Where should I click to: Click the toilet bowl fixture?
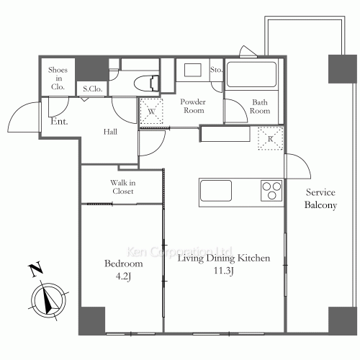pos(146,84)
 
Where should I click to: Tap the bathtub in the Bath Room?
pos(251,74)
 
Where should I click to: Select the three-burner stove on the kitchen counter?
pos(271,191)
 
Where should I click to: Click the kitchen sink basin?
pos(216,191)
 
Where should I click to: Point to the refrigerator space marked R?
pos(271,138)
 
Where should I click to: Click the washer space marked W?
pos(151,112)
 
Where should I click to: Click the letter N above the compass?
pos(36,269)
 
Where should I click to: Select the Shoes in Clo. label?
pos(58,78)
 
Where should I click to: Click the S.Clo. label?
pos(93,89)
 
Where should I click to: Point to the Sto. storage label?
pos(216,70)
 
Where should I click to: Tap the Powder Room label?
pos(193,106)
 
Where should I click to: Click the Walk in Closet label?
pos(123,186)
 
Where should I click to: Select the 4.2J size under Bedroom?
pos(123,276)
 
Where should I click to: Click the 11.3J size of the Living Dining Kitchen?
pos(224,271)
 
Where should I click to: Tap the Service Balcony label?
pos(320,199)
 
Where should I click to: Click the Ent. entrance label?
pos(59,121)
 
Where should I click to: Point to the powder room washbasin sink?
pos(193,70)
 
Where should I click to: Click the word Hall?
pos(110,132)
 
